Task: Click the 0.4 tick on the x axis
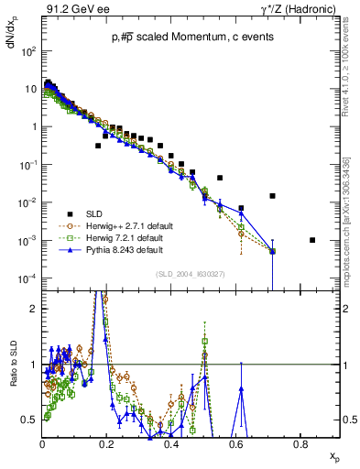(171, 442)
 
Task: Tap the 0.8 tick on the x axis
(300, 442)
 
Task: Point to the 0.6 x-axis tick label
(235, 442)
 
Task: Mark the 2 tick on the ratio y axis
(34, 309)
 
